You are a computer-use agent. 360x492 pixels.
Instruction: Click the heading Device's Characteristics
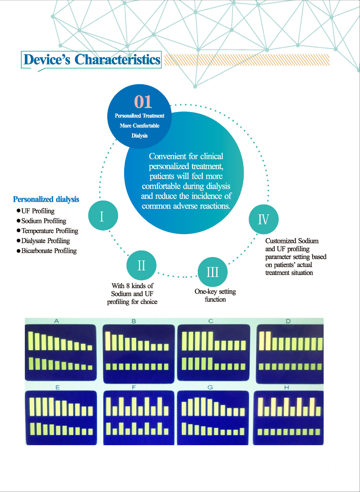(x=91, y=60)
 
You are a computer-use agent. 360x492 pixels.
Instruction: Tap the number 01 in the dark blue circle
(x=143, y=102)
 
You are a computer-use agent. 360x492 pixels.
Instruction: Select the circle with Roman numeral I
(x=103, y=216)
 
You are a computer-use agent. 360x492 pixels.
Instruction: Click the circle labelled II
(x=141, y=265)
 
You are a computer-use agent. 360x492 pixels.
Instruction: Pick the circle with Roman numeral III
(x=212, y=272)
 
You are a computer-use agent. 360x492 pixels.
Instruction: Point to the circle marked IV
(x=264, y=219)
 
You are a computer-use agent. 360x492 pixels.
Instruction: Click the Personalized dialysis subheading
(x=46, y=200)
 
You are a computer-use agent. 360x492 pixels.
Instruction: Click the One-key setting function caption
(x=215, y=295)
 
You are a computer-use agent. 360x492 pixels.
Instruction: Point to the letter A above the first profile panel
(x=57, y=321)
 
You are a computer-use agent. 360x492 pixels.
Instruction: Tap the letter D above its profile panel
(x=288, y=321)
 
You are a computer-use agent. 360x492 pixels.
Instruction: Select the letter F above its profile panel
(x=134, y=387)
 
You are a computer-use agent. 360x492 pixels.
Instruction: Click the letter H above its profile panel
(x=287, y=387)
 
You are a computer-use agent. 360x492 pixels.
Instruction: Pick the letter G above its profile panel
(x=210, y=387)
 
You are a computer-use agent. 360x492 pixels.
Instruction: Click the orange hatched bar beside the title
(x=247, y=60)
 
